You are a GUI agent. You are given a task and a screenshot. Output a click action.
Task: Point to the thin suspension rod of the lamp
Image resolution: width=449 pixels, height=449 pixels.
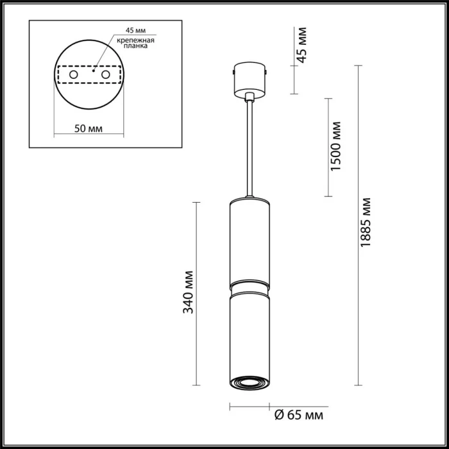[x=250, y=148]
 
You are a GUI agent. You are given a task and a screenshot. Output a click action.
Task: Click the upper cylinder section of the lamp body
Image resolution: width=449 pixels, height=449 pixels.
[x=250, y=241]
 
